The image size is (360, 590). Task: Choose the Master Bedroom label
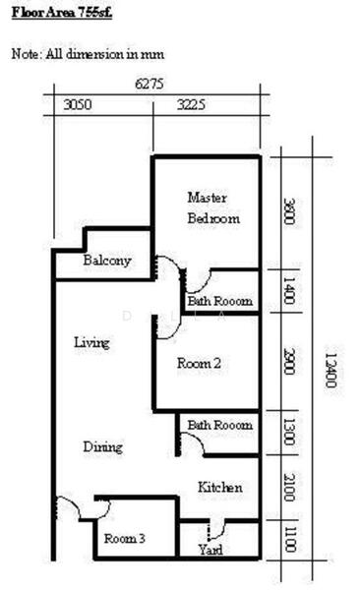coord(212,207)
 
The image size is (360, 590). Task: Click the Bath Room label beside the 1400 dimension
coord(220,301)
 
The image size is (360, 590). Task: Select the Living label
coord(91,343)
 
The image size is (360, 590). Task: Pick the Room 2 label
coord(199,363)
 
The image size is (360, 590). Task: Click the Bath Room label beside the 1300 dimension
coord(220,425)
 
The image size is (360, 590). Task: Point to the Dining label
coord(102,447)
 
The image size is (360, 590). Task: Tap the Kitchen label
coord(219,488)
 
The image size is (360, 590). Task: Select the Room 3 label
coord(125,539)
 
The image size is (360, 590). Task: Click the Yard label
coord(210,549)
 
